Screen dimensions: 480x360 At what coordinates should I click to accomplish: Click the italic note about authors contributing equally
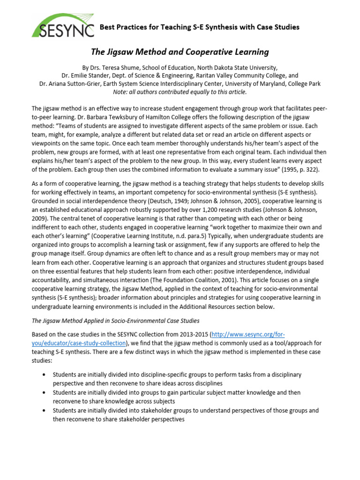[x=180, y=92]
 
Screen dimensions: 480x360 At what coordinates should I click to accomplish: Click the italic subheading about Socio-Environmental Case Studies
[x=115, y=321]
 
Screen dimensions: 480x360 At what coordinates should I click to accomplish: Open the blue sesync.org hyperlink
[x=247, y=334]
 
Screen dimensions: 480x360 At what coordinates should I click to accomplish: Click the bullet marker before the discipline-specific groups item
[x=44, y=375]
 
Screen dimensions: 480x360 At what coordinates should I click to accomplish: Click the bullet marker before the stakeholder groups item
[x=44, y=411]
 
